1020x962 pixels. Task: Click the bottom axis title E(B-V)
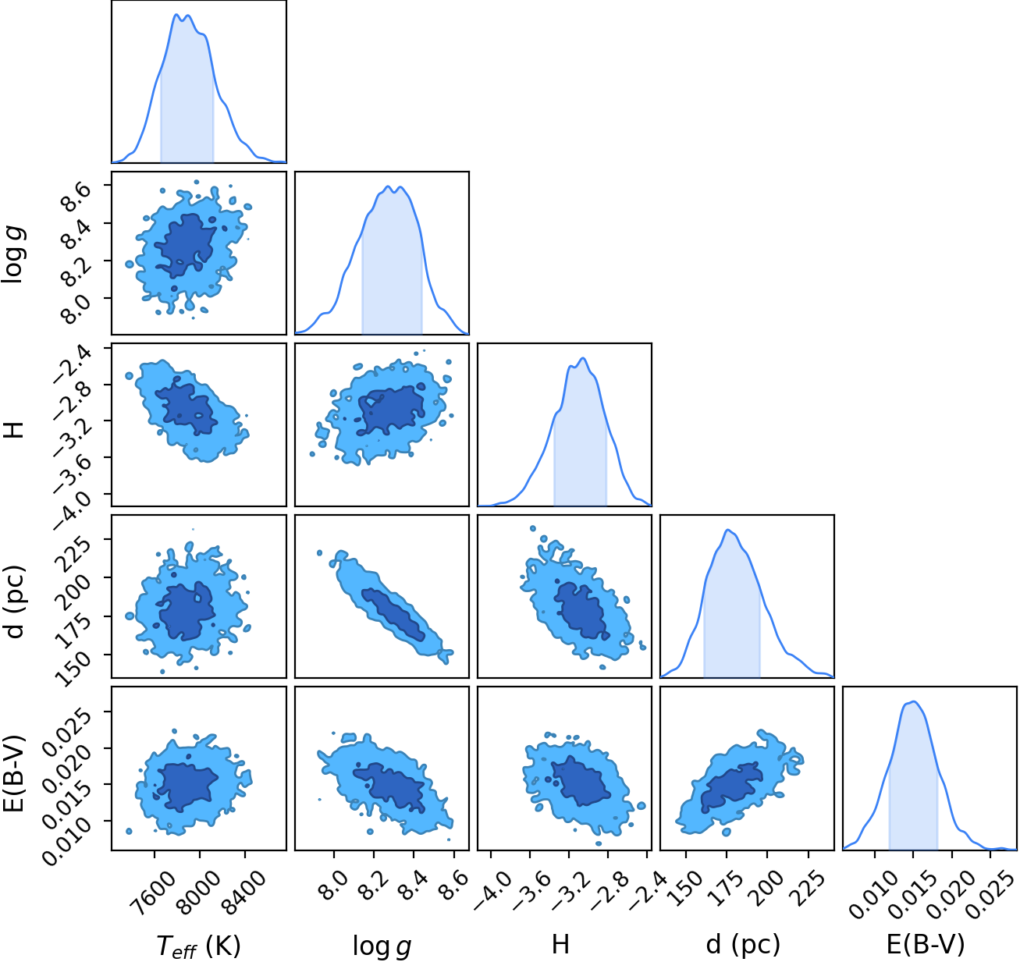tap(926, 943)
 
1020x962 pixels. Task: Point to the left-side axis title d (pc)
tap(16, 602)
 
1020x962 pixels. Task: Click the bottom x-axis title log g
tap(382, 944)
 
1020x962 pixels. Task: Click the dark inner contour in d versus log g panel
tap(394, 615)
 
